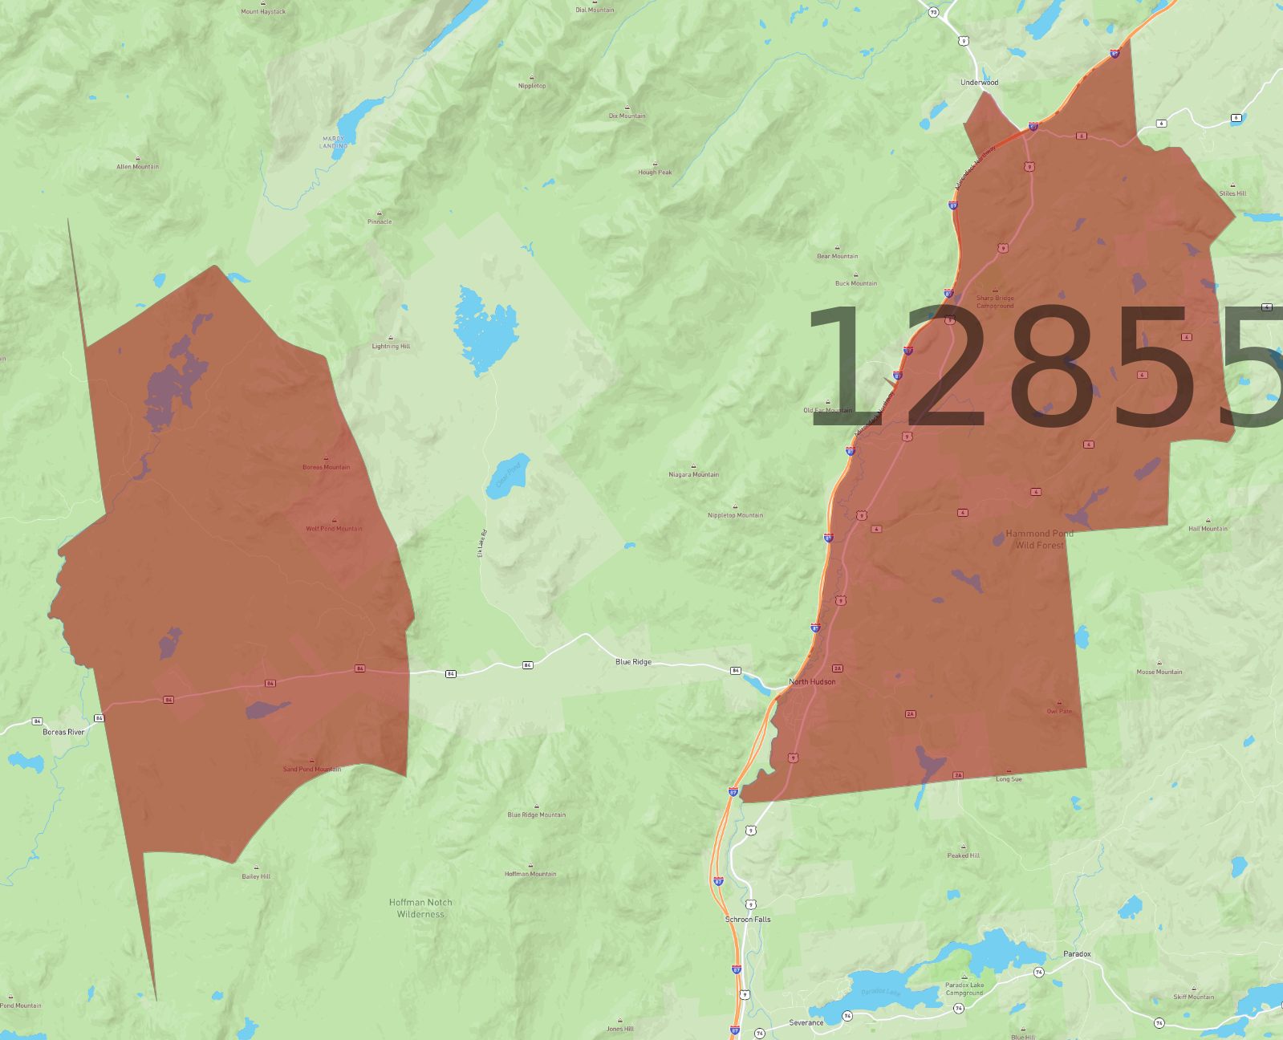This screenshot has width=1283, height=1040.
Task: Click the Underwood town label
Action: pos(979,83)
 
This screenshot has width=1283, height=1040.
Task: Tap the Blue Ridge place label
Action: pos(633,662)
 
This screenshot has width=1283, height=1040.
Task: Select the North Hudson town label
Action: pos(812,682)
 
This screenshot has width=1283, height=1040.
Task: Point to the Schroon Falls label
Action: pos(748,920)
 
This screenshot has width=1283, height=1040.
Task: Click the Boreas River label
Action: pos(63,732)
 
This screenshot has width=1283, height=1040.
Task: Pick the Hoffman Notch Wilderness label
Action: pos(420,908)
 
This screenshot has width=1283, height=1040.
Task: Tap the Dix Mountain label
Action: pos(627,116)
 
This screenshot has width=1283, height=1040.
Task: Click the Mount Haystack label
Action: pos(263,11)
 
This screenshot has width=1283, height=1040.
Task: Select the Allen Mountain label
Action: pos(138,167)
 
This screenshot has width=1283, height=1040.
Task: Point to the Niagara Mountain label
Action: pos(693,474)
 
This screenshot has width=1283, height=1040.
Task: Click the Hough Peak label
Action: pos(655,172)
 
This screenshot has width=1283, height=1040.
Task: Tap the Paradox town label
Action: pos(1077,954)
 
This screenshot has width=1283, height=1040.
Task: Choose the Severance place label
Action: pos(806,1022)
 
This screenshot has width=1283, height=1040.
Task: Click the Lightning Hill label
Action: pos(391,346)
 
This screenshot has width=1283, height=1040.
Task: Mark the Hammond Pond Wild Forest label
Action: pos(1039,539)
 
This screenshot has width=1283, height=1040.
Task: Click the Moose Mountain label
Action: pos(1159,672)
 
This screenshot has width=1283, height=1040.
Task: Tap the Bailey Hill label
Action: pos(256,876)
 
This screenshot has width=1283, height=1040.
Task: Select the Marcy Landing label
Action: pos(334,142)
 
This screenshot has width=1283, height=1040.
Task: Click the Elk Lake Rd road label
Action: pos(482,543)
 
